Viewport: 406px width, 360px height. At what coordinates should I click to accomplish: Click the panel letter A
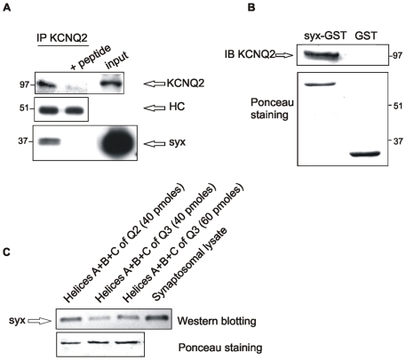coord(6,7)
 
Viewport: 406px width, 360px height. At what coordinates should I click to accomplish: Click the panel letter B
coord(251,7)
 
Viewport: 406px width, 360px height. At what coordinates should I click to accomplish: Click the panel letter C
coord(6,252)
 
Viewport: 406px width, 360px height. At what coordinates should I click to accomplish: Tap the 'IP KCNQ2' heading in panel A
coord(62,38)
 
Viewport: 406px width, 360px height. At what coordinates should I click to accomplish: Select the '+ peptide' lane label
coord(91,57)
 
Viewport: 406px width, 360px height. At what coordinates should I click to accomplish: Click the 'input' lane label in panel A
coord(117,60)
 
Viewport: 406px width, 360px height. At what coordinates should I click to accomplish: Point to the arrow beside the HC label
coord(155,108)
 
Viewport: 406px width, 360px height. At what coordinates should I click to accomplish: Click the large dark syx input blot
coord(118,144)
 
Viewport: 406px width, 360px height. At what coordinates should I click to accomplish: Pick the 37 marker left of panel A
coord(23,141)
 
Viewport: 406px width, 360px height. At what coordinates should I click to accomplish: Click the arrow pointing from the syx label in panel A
coord(155,144)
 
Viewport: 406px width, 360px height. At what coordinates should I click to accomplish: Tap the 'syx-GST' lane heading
coord(325,36)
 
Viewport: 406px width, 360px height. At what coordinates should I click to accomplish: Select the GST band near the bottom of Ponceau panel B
coord(364,154)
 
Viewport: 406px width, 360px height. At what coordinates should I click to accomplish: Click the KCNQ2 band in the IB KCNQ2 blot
coord(322,55)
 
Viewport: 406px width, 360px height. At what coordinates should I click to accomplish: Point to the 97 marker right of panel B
coord(397,55)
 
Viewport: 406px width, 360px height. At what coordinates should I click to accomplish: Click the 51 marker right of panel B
coord(397,106)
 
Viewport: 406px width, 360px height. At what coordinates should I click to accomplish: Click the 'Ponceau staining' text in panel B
coord(272,108)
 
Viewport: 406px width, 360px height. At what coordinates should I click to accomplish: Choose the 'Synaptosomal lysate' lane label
coord(189,264)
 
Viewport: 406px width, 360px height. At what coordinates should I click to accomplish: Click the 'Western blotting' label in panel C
coord(217,321)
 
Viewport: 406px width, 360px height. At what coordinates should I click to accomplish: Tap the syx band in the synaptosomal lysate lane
coord(157,318)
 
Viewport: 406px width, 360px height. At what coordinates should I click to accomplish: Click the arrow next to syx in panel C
coord(40,321)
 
